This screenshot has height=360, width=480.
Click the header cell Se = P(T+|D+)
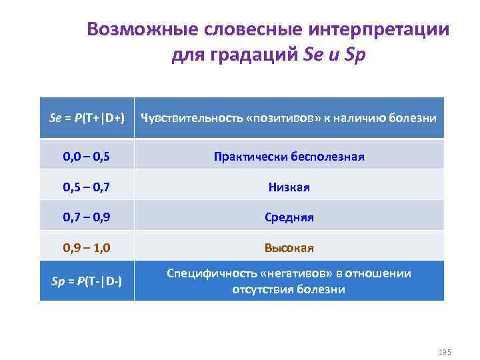click(x=87, y=118)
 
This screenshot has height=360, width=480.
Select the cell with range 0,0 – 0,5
click(x=87, y=157)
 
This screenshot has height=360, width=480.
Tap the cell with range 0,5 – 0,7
click(x=87, y=187)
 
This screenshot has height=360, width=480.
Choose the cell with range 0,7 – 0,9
click(x=87, y=218)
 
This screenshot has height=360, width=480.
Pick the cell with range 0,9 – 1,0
click(x=87, y=248)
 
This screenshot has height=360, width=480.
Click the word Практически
click(x=250, y=157)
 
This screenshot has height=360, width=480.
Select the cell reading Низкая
click(x=289, y=187)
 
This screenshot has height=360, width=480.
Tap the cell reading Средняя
click(x=289, y=218)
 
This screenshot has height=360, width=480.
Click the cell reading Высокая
click(x=289, y=248)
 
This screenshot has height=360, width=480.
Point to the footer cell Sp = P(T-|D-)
click(x=87, y=281)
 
